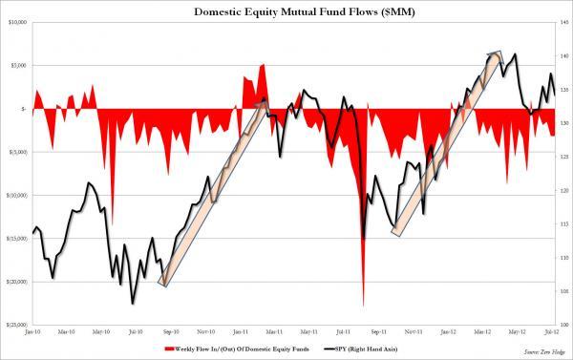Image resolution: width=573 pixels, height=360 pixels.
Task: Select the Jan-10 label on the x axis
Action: (32, 332)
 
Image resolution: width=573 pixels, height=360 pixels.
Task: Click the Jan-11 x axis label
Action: (241, 332)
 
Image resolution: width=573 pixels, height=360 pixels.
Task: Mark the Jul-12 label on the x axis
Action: (550, 332)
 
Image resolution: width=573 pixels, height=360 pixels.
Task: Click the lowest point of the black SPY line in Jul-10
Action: (132, 303)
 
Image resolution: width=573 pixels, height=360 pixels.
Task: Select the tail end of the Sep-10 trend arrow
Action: (163, 283)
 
